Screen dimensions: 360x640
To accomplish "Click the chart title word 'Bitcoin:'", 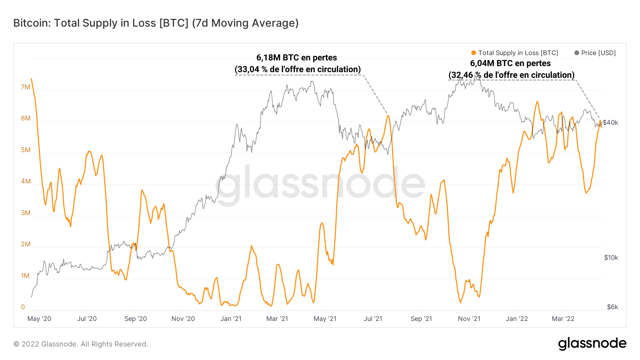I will click(32, 23).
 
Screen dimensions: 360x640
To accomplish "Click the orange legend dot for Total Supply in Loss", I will click(473, 53).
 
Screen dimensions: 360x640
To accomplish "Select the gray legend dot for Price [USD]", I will click(576, 53).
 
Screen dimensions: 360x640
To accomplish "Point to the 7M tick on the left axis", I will click(26, 87).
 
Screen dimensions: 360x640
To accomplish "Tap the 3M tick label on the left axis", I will click(26, 213).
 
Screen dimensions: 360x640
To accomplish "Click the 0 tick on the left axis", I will click(23, 307).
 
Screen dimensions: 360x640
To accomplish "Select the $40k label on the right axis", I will click(610, 123).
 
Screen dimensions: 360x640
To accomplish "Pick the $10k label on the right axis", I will click(611, 258).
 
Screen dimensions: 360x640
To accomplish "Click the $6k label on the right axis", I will click(612, 307).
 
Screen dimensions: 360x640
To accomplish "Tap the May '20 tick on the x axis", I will click(39, 319).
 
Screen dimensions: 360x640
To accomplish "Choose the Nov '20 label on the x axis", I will click(183, 319).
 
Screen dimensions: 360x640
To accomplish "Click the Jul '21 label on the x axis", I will click(373, 319).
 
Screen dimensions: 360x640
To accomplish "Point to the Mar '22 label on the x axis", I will click(563, 319).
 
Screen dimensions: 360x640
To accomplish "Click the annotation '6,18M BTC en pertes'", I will click(297, 58).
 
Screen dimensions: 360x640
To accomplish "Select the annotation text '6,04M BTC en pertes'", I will click(510, 63).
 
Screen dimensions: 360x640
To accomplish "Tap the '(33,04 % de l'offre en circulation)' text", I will click(298, 69).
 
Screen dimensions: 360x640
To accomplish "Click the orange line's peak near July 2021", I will click(388, 115).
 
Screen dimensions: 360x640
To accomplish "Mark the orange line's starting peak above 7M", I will click(32, 79).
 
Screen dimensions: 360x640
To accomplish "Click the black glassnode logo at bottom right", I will click(592, 344).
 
